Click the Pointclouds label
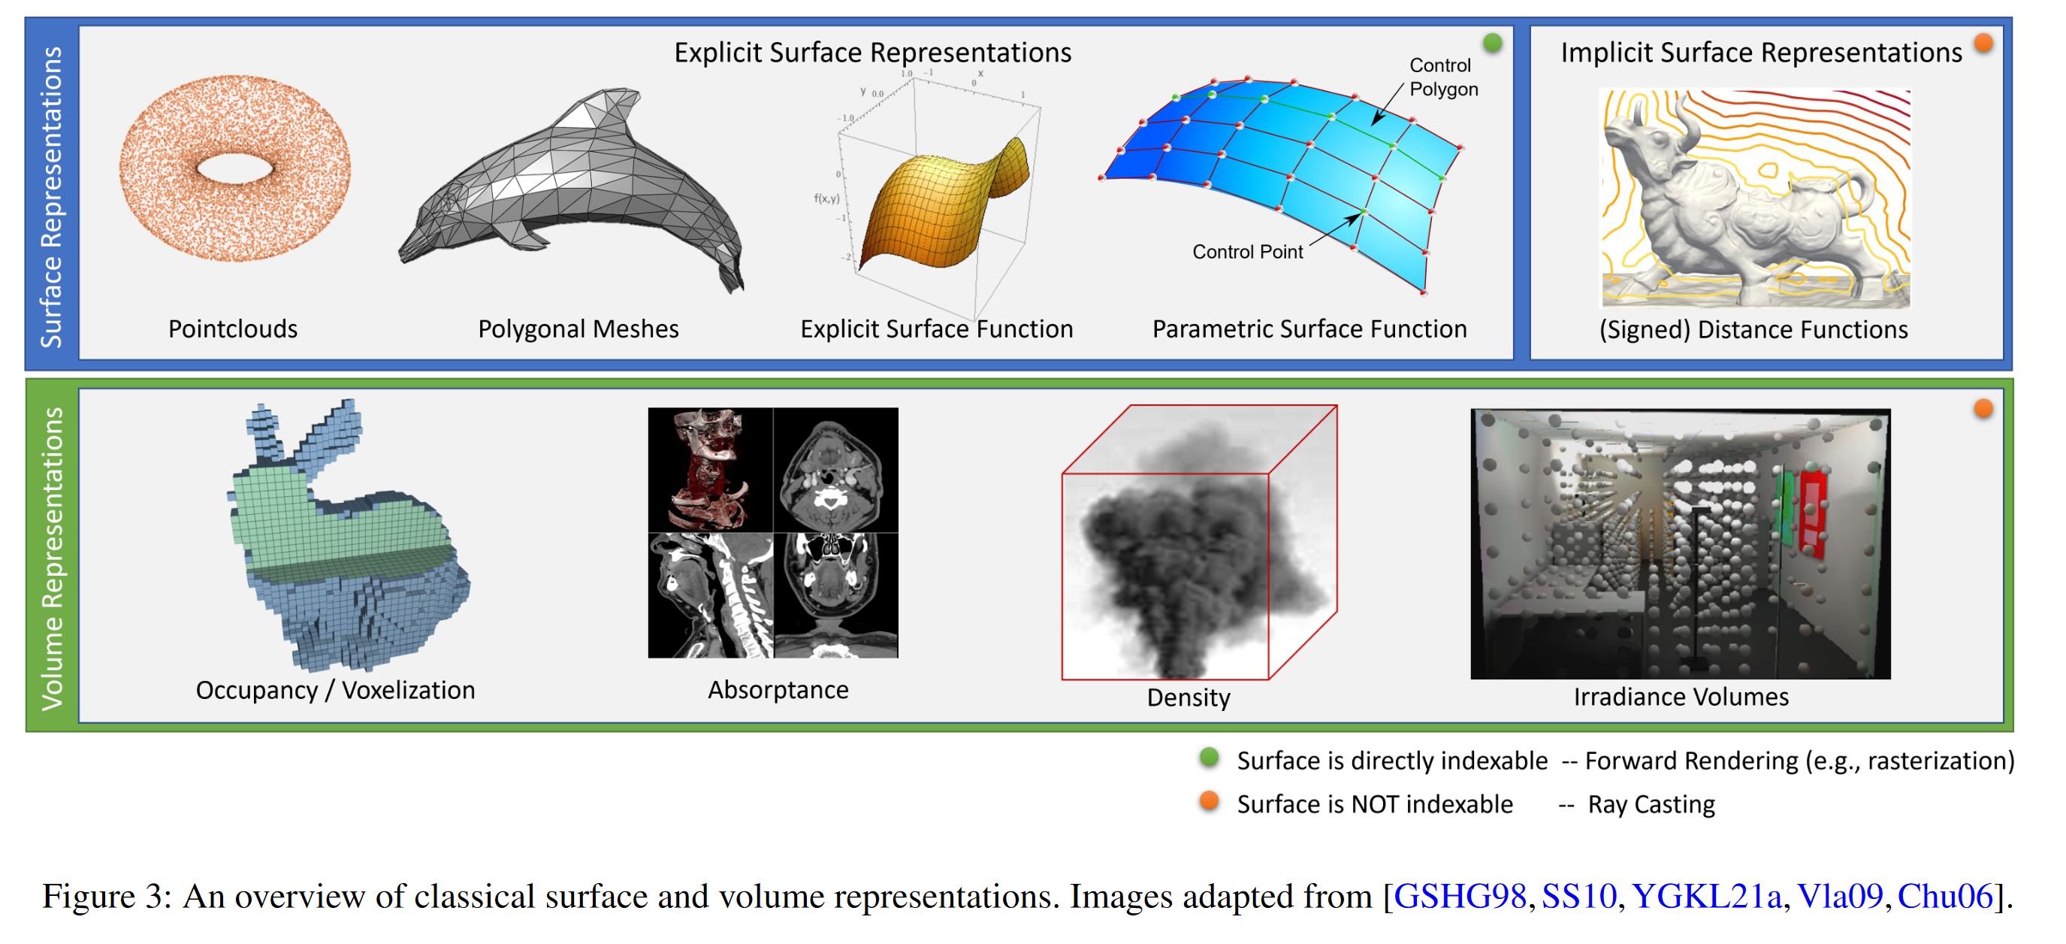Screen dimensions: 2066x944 233,329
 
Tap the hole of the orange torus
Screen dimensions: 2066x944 234,168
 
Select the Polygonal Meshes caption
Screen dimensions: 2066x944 578,329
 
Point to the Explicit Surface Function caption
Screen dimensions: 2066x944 936,329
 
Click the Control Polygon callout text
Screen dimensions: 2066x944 1444,77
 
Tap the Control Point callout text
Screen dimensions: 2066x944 1247,252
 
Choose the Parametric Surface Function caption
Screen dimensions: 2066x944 1309,329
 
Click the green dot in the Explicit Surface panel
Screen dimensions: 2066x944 1493,43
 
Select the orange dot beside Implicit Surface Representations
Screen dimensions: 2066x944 1983,43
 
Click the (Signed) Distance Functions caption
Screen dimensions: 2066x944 1753,330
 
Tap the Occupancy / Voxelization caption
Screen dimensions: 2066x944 335,691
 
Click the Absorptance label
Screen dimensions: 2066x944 778,690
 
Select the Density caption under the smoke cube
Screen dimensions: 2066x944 1188,697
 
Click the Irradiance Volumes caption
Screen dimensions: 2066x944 1681,697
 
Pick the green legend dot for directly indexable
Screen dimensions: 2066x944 1210,757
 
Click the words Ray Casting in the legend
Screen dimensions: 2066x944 1651,804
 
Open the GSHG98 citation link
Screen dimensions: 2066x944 1460,896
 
